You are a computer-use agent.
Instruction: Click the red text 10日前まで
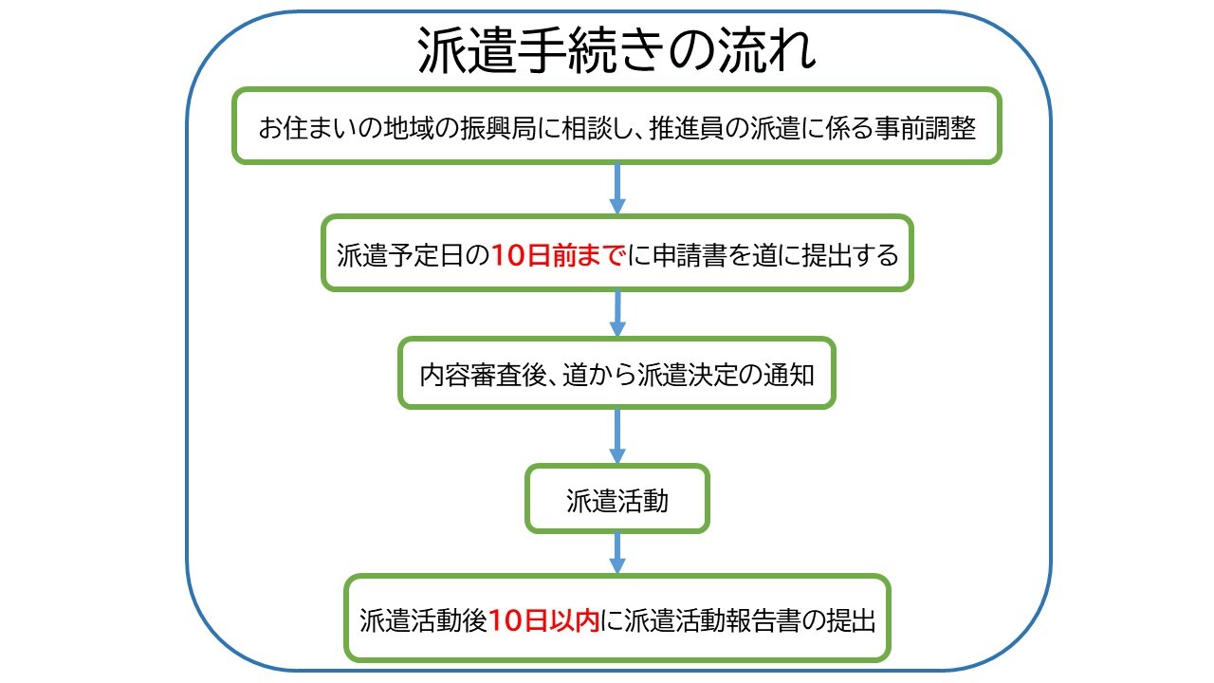tap(558, 255)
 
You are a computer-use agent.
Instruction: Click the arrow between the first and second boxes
tap(617, 188)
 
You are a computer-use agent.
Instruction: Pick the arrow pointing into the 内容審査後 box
tap(617, 313)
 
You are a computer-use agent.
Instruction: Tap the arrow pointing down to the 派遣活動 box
tap(617, 435)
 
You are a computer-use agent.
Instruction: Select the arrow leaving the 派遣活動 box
tap(617, 552)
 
